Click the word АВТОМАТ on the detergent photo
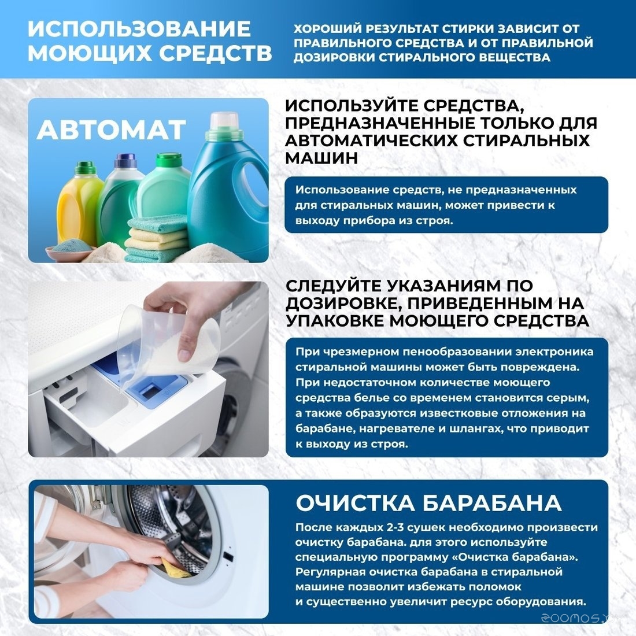pyautogui.click(x=111, y=130)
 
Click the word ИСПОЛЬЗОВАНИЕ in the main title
pyautogui.click(x=139, y=29)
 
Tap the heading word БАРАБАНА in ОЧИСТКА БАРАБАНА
pyautogui.click(x=491, y=503)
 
